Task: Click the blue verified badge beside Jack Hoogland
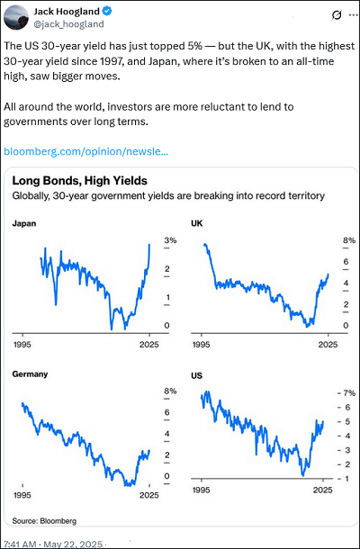107,12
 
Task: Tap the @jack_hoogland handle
68,23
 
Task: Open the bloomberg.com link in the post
85,151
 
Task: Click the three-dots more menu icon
352,15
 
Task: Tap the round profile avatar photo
16,17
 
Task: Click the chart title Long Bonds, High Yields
79,181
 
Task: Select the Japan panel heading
24,223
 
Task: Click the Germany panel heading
30,373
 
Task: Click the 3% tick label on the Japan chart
170,240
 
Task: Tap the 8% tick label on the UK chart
349,240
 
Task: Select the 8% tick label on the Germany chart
170,391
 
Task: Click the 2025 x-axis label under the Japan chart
149,345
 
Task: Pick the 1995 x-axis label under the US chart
201,490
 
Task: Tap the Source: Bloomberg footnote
44,520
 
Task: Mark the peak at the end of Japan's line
149,245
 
